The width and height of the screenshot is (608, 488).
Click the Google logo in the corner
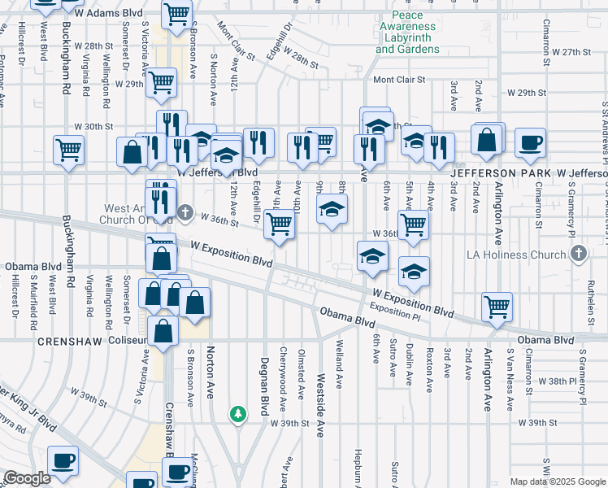(27, 478)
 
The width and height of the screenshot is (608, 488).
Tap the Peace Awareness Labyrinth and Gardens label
(407, 33)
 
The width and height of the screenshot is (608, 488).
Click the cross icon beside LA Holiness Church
(578, 255)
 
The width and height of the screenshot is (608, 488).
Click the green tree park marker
(237, 415)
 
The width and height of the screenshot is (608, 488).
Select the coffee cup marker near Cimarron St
(530, 143)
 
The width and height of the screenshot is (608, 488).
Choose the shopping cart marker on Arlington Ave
(497, 307)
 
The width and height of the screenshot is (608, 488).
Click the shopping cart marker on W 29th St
(162, 82)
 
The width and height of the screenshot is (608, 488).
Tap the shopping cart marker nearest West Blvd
(68, 150)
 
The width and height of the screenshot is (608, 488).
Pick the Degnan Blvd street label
(264, 386)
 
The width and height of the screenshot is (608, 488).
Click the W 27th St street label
(570, 52)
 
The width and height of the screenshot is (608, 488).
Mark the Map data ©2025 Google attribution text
(557, 481)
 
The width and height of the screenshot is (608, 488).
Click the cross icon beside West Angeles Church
(185, 213)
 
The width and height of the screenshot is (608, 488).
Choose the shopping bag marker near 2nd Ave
(488, 140)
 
